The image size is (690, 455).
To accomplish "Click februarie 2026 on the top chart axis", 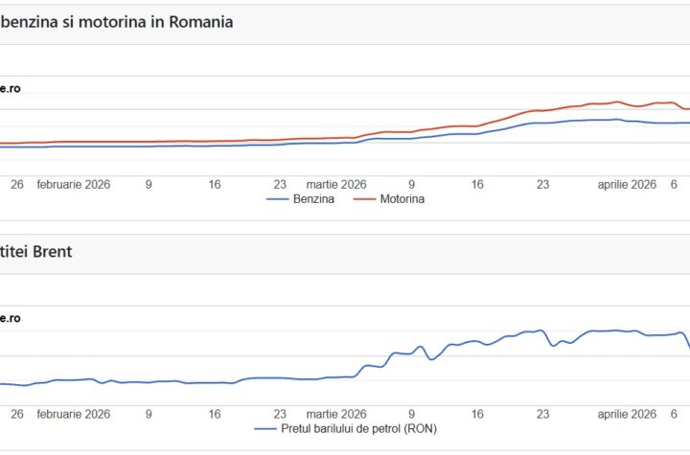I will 74,184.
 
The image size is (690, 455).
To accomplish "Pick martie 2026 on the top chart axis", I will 336,184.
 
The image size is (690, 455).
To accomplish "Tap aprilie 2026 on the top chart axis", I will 628,184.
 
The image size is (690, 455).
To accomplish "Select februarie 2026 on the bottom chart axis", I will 74,414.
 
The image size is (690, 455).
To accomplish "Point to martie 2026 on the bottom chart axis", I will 336,414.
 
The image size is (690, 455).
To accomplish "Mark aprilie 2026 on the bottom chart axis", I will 628,414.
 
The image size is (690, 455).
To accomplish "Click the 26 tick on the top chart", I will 16,184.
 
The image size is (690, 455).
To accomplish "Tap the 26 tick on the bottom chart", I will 16,414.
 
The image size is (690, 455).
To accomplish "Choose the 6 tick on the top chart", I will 674,184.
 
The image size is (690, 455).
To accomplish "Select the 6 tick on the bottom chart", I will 674,414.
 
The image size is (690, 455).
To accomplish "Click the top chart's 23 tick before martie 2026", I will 280,184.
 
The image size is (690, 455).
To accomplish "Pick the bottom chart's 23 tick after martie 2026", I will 542,414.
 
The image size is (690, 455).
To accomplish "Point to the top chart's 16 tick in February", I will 215,184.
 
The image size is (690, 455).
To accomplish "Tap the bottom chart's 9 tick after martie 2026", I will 411,414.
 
